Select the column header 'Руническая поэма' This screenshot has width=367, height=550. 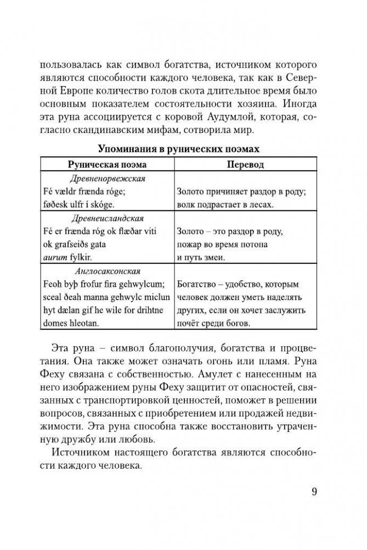point(107,165)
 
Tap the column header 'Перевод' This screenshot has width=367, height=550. point(245,165)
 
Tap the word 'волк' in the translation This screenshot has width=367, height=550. point(187,205)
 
